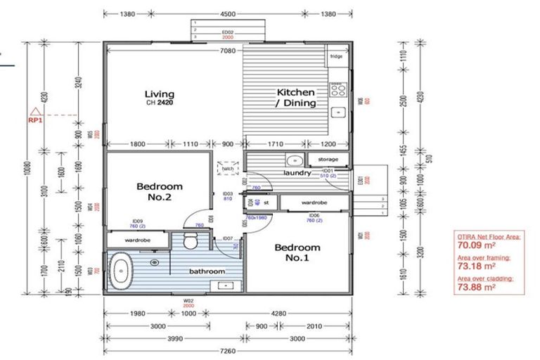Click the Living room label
click(x=159, y=94)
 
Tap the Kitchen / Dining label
click(x=295, y=98)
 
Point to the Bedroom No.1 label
click(x=297, y=252)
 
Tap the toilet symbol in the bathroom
click(x=189, y=241)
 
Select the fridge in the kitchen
click(x=336, y=56)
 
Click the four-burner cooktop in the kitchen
click(x=337, y=89)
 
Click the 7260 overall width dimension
click(x=226, y=350)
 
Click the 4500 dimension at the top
click(x=227, y=13)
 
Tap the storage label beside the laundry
click(x=328, y=160)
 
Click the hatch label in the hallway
click(x=226, y=169)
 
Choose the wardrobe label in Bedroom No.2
click(x=139, y=240)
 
